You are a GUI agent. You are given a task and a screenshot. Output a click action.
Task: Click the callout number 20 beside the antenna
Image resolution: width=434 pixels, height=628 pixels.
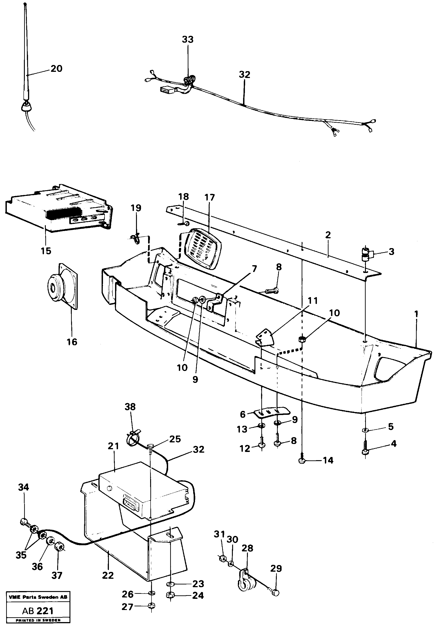pyautogui.click(x=56, y=69)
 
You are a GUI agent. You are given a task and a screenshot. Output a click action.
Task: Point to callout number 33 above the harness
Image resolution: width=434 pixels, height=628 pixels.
pyautogui.click(x=188, y=40)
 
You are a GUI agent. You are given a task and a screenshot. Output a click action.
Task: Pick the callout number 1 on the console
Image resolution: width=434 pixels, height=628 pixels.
pyautogui.click(x=416, y=314)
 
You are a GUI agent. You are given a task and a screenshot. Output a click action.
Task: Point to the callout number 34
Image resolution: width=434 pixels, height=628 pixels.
pyautogui.click(x=23, y=487)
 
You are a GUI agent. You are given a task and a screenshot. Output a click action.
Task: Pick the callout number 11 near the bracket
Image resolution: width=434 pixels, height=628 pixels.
pyautogui.click(x=313, y=301)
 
